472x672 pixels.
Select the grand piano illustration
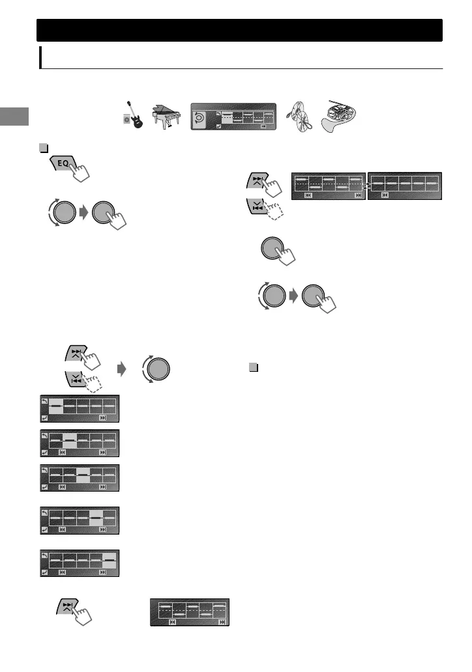pos(166,116)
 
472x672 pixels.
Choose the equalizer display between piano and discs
pos(233,117)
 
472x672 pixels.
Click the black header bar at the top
pos(239,30)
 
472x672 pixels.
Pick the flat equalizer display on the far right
pos(405,186)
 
